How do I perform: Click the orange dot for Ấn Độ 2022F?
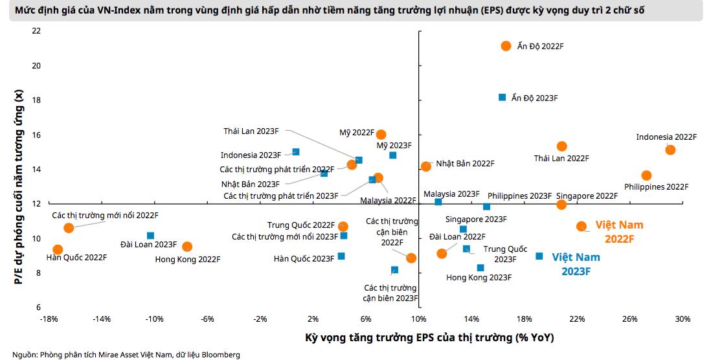506,46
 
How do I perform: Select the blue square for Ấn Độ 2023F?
502,97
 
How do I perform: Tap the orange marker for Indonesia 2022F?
670,150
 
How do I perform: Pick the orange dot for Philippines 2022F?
646,175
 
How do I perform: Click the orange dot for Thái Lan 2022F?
561,146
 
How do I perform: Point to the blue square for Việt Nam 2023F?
539,256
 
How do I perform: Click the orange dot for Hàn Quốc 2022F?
58,249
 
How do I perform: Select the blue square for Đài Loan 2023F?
150,236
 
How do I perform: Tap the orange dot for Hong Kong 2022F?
187,247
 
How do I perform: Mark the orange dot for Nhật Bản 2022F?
425,166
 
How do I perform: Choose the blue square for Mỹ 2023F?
392,155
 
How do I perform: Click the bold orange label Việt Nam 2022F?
620,232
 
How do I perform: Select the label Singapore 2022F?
587,196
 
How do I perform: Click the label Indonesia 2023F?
251,155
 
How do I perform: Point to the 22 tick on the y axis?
36,31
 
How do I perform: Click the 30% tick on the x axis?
683,319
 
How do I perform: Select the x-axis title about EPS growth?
429,338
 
